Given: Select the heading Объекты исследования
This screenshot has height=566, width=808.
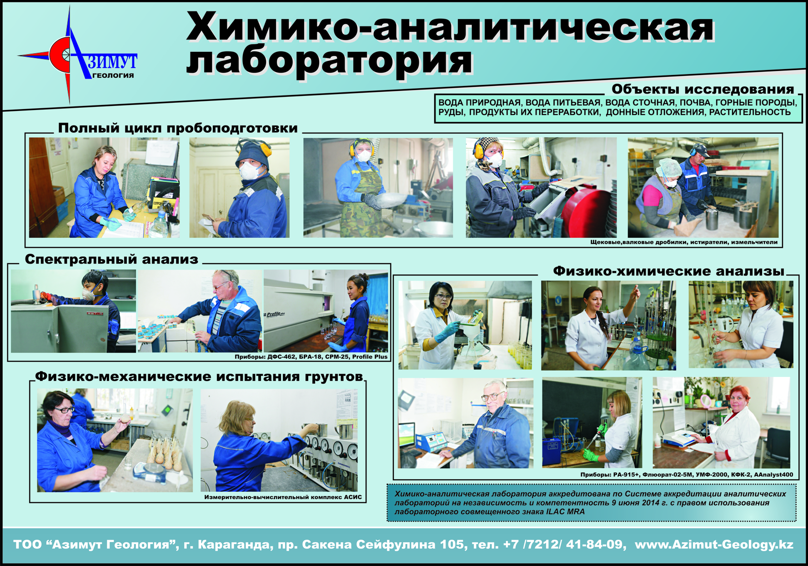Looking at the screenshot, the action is pyautogui.click(x=703, y=89).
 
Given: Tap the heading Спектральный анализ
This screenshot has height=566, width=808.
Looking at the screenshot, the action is pyautogui.click(x=111, y=259).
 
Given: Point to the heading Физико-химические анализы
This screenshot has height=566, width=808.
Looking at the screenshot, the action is pyautogui.click(x=669, y=271).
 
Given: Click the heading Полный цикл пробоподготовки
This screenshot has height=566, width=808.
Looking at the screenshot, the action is pyautogui.click(x=178, y=128).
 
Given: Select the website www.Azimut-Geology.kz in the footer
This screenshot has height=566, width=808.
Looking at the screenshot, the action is pyautogui.click(x=714, y=545).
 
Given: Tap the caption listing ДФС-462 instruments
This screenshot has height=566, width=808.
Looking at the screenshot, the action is pyautogui.click(x=311, y=357).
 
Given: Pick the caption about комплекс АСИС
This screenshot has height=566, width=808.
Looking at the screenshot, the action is pyautogui.click(x=283, y=497).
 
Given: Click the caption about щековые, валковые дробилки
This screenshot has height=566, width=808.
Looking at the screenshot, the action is pyautogui.click(x=684, y=242).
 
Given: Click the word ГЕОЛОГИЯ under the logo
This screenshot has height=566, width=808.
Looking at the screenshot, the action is pyautogui.click(x=113, y=75).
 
